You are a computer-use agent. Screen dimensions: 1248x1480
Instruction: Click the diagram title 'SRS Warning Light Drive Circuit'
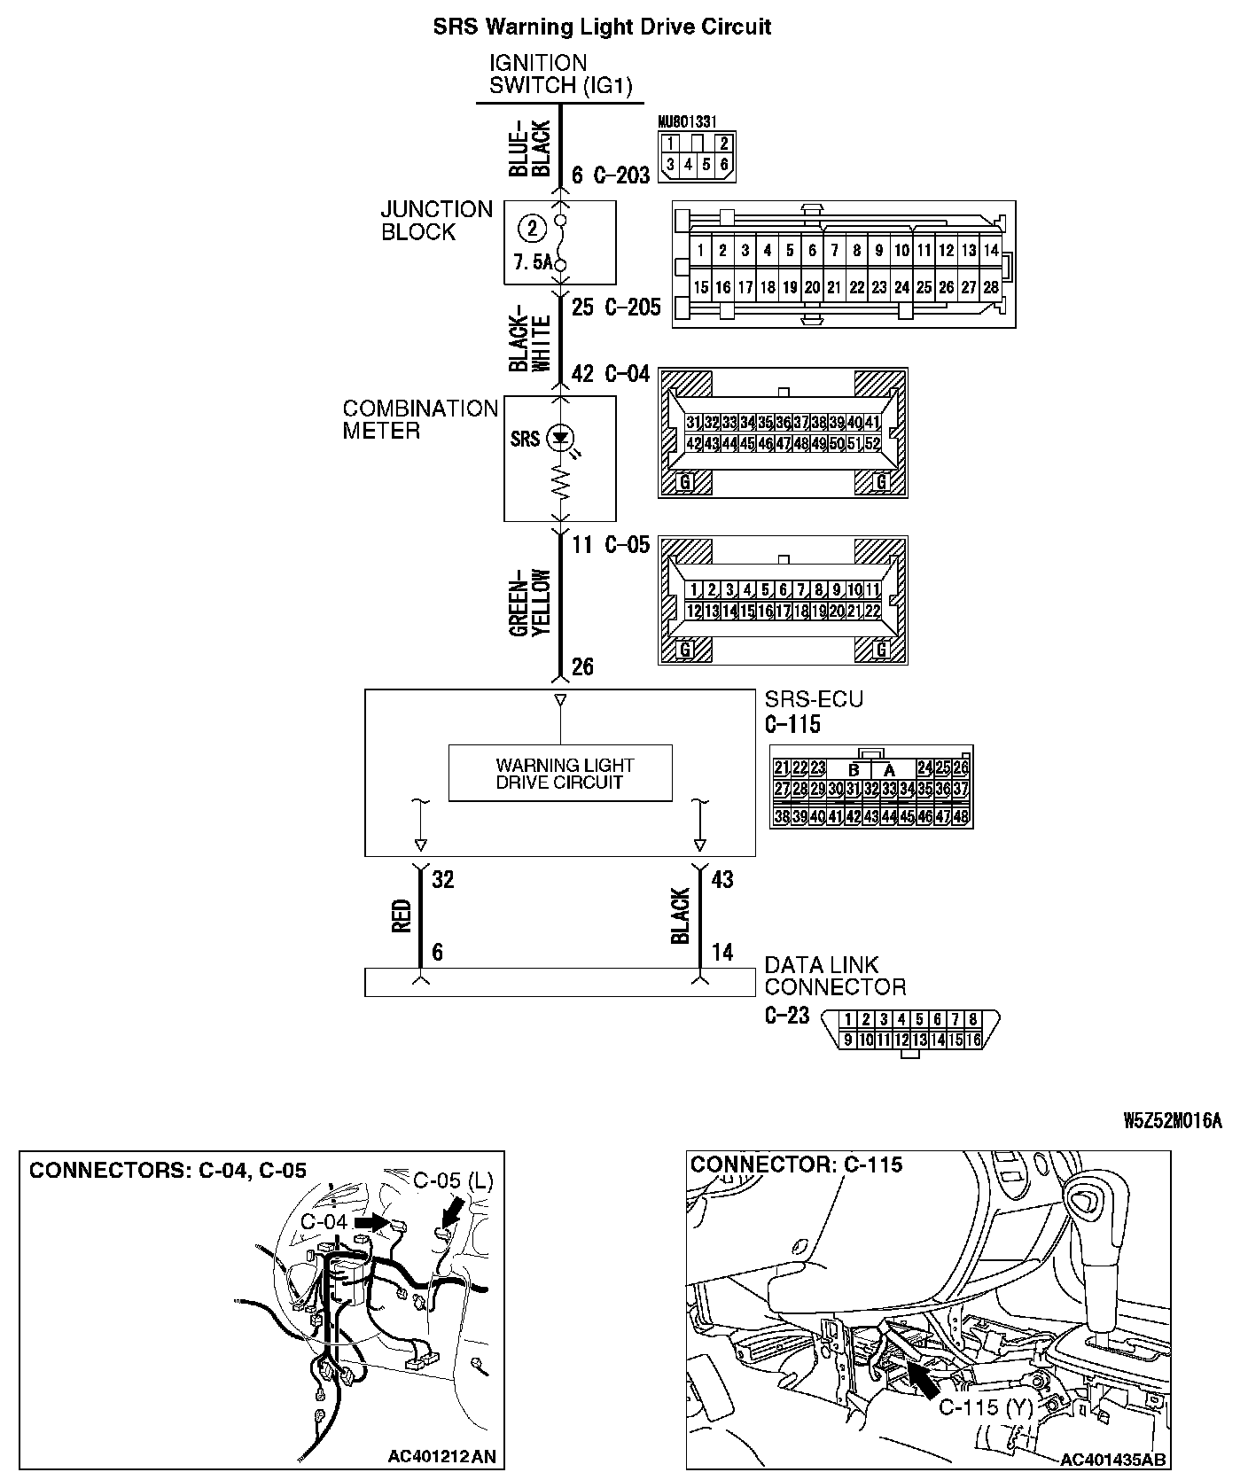pyautogui.click(x=602, y=27)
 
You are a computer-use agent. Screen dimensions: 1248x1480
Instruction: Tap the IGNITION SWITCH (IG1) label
pyautogui.click(x=560, y=74)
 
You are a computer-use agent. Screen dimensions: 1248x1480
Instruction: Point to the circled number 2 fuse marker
pyautogui.click(x=532, y=230)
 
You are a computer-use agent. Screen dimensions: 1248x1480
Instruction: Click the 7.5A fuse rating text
pyautogui.click(x=533, y=263)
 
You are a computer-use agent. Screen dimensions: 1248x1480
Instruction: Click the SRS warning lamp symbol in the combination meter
pyautogui.click(x=560, y=437)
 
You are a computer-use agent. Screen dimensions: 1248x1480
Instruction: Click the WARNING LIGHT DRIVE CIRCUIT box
pyautogui.click(x=560, y=774)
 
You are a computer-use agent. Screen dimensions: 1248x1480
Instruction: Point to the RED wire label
pyautogui.click(x=402, y=917)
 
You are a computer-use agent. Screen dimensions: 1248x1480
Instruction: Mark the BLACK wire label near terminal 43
pyautogui.click(x=681, y=916)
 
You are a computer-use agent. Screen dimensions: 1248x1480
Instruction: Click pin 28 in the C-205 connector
pyautogui.click(x=991, y=287)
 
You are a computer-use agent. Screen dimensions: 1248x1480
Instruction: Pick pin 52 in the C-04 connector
pyautogui.click(x=873, y=442)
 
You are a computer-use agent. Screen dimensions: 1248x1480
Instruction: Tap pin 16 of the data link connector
pyautogui.click(x=973, y=1040)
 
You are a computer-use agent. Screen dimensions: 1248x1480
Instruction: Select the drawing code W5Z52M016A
pyautogui.click(x=1173, y=1121)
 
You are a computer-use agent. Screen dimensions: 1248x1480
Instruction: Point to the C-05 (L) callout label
pyautogui.click(x=454, y=1180)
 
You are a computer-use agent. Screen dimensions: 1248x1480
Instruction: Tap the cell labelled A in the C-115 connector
pyautogui.click(x=890, y=769)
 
